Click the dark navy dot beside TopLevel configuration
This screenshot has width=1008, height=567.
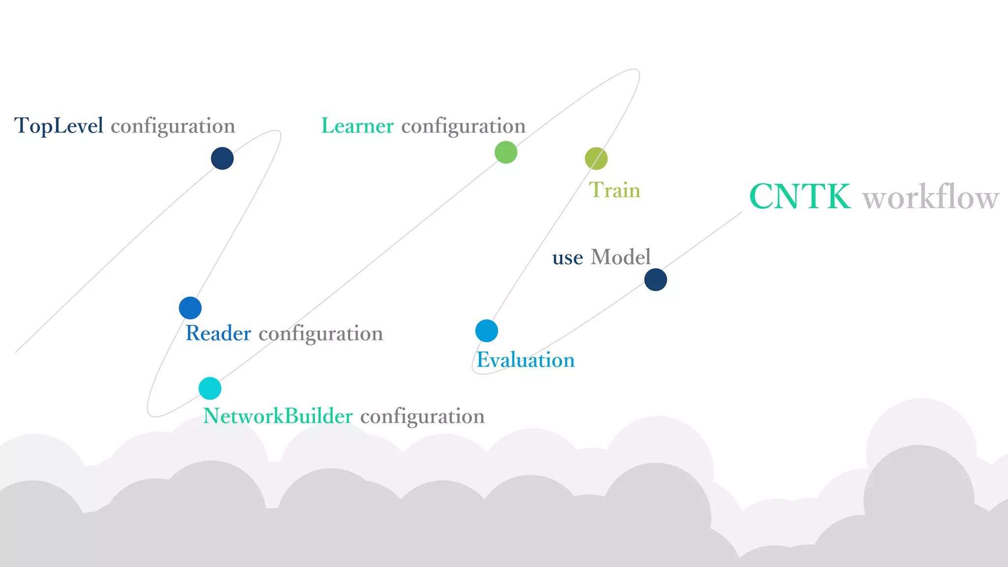[222, 158]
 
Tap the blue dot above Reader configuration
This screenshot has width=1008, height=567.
[190, 308]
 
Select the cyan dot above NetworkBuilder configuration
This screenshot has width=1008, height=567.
[210, 388]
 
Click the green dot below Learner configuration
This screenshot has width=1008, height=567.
[505, 152]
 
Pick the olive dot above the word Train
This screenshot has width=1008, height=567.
[596, 158]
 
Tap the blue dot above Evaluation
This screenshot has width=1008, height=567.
[486, 331]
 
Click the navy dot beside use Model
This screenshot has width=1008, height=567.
[656, 280]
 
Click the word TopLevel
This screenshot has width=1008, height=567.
[59, 126]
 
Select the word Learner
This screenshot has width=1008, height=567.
[357, 126]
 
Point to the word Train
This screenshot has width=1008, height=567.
[614, 190]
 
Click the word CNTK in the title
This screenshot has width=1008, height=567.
[800, 197]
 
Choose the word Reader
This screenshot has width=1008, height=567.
[218, 334]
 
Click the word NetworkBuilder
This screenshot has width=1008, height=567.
[278, 416]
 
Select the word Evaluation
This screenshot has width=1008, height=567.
[526, 360]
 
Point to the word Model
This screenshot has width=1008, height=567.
[620, 257]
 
